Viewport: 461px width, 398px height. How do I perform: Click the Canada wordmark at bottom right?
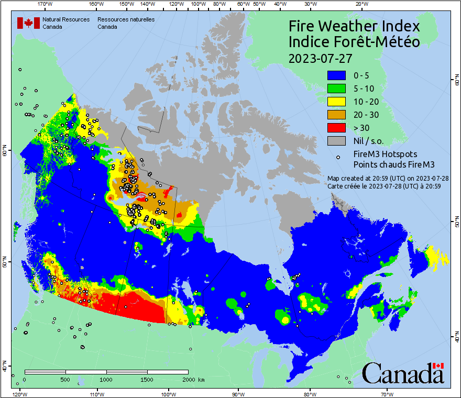403,373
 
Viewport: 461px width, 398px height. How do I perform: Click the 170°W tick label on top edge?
46,4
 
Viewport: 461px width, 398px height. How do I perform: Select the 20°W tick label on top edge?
360,4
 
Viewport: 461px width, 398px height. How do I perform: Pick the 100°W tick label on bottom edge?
168,394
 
